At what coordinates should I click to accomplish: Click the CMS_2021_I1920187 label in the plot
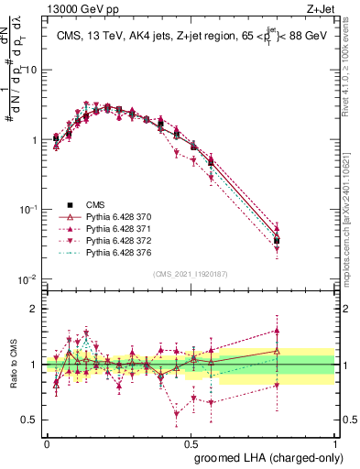[x=191, y=273]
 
